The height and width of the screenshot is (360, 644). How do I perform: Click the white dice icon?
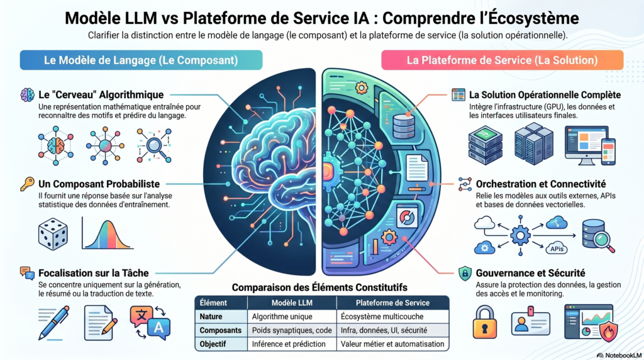point(53,234)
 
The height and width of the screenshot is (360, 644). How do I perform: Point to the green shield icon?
point(465,274)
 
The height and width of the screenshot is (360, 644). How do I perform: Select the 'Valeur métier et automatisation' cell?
point(392,344)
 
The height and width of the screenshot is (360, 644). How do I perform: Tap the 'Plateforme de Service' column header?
point(392,302)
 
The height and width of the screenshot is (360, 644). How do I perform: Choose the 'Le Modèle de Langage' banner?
point(141,60)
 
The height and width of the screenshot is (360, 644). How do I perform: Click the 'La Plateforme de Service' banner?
point(502,60)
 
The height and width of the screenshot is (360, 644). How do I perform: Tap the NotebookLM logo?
point(618,354)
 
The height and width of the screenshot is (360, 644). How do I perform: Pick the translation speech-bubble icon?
point(149,322)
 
